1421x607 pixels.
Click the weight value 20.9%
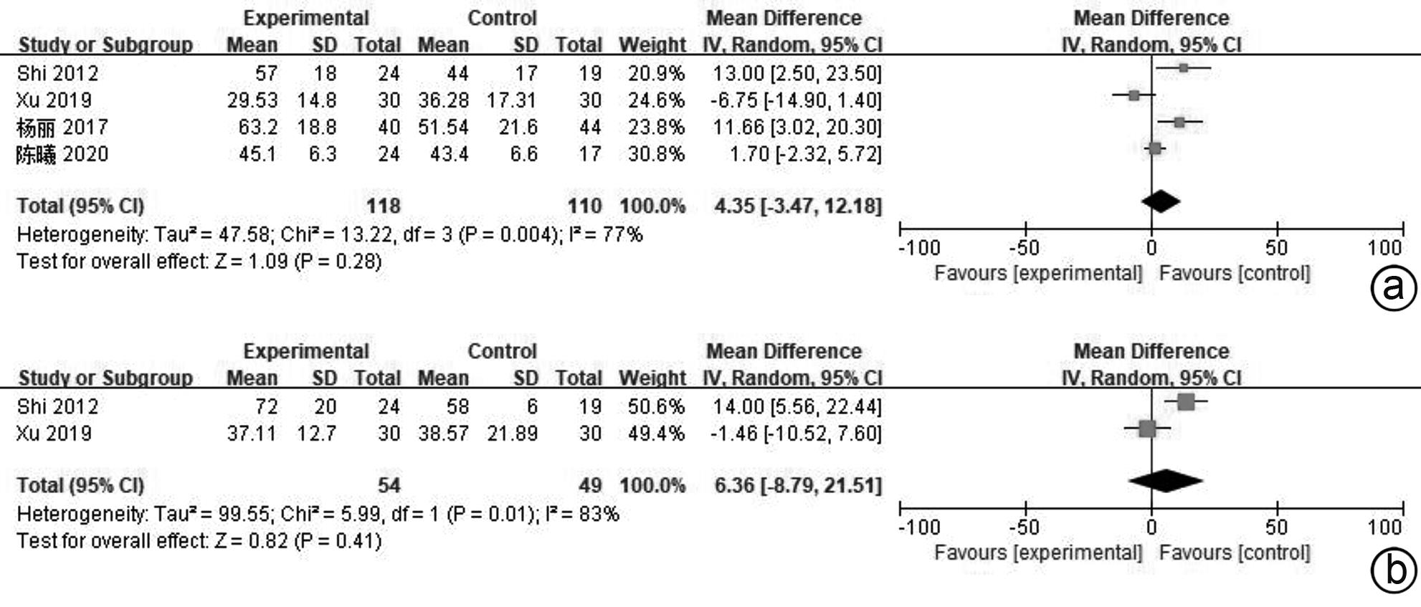coord(656,73)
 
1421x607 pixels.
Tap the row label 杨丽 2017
coord(62,128)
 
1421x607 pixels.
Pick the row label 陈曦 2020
coord(62,154)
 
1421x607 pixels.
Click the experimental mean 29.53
coord(252,100)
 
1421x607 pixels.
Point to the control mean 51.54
coord(443,128)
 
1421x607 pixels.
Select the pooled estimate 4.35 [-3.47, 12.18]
coord(797,206)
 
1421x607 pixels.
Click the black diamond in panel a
coord(1161,201)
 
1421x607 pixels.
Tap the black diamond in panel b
coord(1166,481)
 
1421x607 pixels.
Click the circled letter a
coord(1393,288)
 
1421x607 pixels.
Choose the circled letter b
coord(1393,571)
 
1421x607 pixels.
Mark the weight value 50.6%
coord(656,407)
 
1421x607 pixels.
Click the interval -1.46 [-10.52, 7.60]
coord(796,434)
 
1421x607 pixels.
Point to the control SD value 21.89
coord(512,434)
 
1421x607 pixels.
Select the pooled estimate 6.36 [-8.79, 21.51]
coord(797,486)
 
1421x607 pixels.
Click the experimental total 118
coord(384,206)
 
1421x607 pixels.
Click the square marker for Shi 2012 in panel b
coord(1186,402)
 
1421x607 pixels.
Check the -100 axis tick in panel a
coord(919,248)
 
